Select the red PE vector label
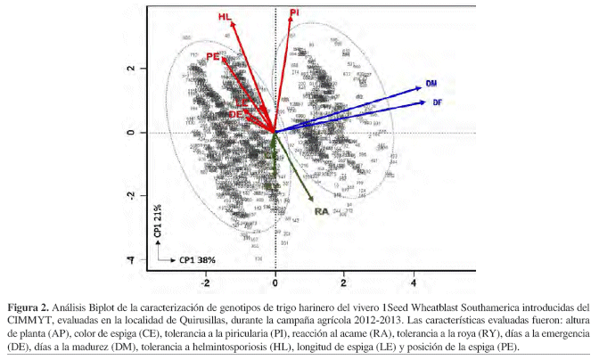[x=213, y=56]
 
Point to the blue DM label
[x=431, y=83]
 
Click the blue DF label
[x=438, y=102]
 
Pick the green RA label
[x=322, y=211]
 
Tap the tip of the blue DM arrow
[x=421, y=86]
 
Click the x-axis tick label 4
[x=413, y=282]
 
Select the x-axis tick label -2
[x=205, y=282]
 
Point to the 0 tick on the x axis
[x=275, y=282]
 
